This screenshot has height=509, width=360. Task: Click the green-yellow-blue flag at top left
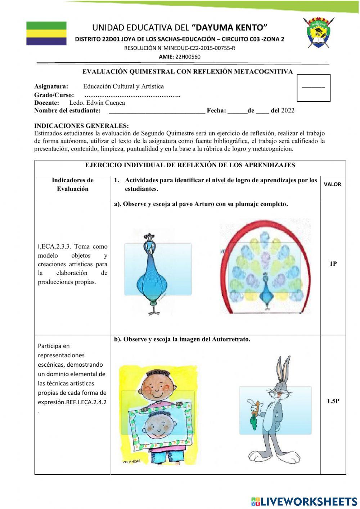tap(46, 34)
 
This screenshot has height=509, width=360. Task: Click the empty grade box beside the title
tap(313, 88)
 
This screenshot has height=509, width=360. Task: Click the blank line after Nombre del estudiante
tap(157, 111)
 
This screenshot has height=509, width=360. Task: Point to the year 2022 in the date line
tap(288, 111)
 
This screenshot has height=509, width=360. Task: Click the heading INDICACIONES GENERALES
tap(81, 126)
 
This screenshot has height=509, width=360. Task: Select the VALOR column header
tap(332, 184)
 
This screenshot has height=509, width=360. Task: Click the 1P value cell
tap(333, 264)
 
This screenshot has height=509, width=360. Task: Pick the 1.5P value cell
tap(333, 401)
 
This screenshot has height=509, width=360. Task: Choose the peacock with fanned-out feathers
tap(266, 267)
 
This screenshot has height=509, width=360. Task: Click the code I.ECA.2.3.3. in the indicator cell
tap(54, 247)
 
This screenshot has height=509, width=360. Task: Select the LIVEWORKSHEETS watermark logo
tap(304, 501)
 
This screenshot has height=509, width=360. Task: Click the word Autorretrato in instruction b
tap(231, 339)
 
